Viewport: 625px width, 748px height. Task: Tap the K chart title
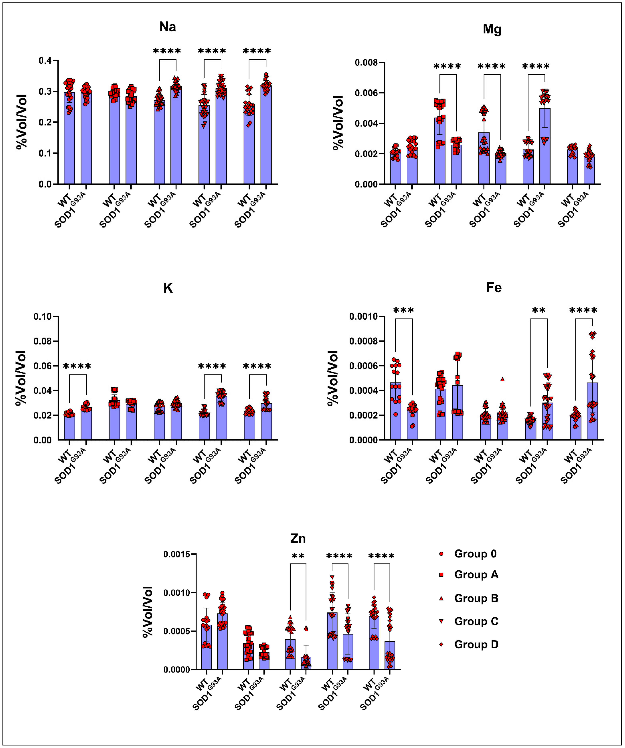coord(168,288)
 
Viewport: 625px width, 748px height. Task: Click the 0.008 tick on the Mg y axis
coord(366,63)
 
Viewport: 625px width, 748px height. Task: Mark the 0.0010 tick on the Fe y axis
coord(364,317)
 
